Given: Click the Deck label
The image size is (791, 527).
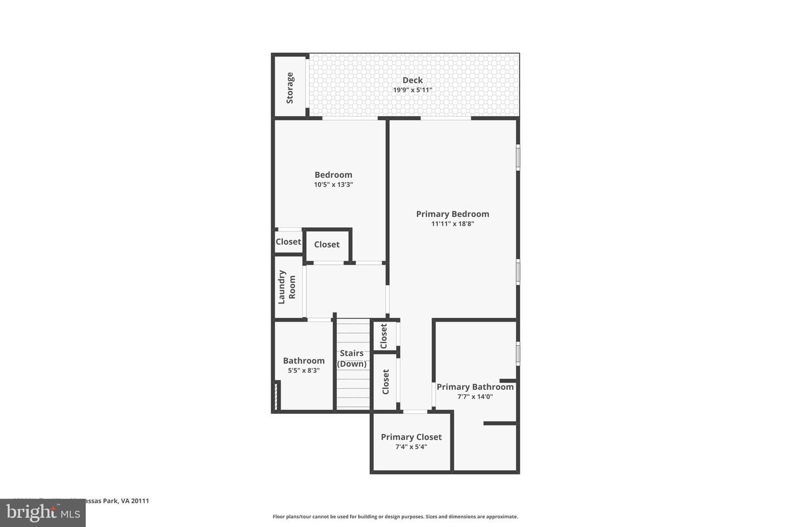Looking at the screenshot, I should tap(413, 80).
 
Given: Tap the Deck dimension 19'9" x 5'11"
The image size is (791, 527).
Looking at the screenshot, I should tap(413, 90).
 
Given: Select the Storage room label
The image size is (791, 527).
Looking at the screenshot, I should tap(290, 88).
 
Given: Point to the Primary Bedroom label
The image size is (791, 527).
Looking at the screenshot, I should tap(452, 214).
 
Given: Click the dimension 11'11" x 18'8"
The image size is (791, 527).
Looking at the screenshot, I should tap(452, 224).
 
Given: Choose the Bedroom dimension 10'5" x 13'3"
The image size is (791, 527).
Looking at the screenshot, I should tap(333, 185).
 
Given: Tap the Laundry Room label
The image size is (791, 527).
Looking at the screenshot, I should tap(287, 287).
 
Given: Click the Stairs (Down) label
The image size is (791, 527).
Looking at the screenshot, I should tap(352, 358).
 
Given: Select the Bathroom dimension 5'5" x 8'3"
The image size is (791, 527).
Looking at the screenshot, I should tap(304, 371).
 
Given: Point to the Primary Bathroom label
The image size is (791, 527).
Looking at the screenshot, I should tap(475, 387).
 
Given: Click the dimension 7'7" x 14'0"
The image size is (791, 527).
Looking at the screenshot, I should tap(475, 396).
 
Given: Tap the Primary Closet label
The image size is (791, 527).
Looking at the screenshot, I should tap(411, 437).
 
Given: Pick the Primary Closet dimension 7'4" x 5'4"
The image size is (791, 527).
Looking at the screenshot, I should tap(411, 447).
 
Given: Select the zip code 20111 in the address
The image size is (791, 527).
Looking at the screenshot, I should tap(140, 501).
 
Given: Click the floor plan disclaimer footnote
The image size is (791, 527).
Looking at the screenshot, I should tap(396, 517).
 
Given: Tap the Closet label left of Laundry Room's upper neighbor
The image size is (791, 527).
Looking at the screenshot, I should tap(288, 242).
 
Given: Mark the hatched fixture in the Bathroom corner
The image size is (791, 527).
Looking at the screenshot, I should tap(277, 396).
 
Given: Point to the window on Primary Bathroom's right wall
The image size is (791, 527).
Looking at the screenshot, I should tap(518, 354).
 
